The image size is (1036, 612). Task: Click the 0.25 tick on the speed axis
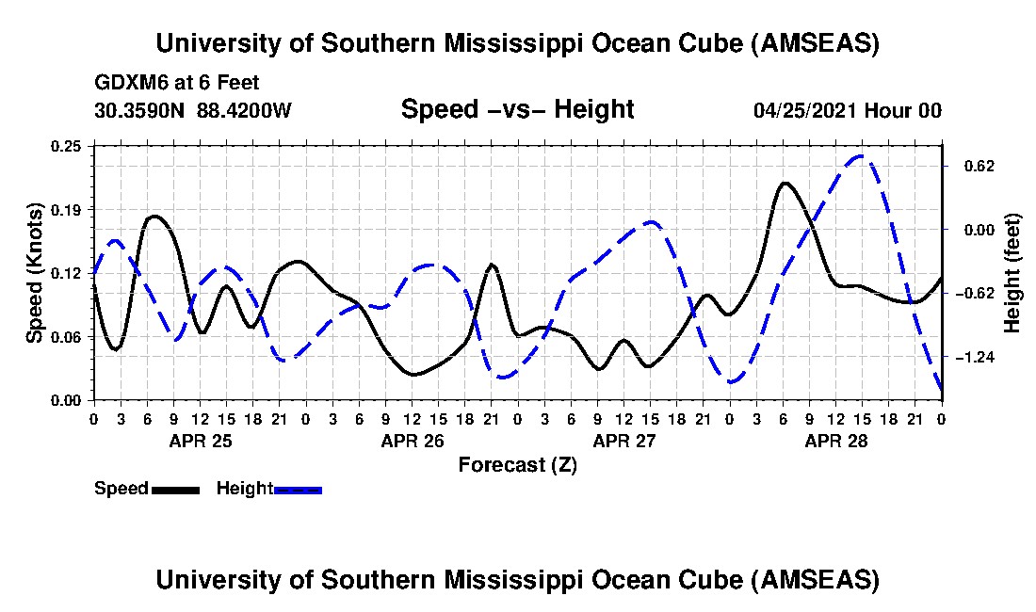(x=68, y=145)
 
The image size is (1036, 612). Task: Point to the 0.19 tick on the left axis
(x=68, y=208)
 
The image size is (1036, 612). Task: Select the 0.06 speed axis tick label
(x=68, y=336)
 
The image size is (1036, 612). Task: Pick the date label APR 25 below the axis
(x=200, y=440)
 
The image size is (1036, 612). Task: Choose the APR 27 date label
(x=623, y=440)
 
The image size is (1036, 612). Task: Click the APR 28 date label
(x=835, y=440)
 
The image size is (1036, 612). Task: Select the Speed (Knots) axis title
(x=35, y=273)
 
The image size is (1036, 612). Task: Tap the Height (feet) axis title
(x=1013, y=273)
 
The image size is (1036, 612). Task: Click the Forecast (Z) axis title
(x=518, y=464)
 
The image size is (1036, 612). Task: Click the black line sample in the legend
(x=175, y=490)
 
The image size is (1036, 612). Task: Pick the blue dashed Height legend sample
(x=298, y=490)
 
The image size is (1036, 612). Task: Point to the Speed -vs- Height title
(x=518, y=109)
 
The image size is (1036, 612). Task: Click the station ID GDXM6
(x=126, y=84)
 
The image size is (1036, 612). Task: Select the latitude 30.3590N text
(x=142, y=110)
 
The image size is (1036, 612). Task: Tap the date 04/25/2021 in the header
(x=805, y=110)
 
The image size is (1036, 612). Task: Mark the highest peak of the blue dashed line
(x=859, y=156)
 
